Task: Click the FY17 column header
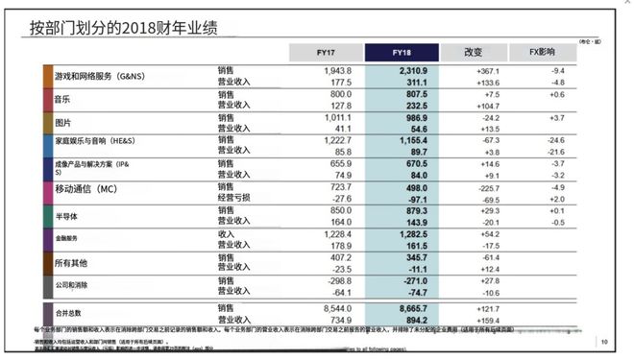pyautogui.click(x=326, y=52)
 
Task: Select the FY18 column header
pyautogui.click(x=402, y=52)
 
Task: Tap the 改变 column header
pyautogui.click(x=475, y=52)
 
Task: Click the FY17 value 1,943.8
pyautogui.click(x=337, y=71)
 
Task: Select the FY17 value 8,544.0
pyautogui.click(x=337, y=307)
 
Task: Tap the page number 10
pyautogui.click(x=603, y=342)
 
